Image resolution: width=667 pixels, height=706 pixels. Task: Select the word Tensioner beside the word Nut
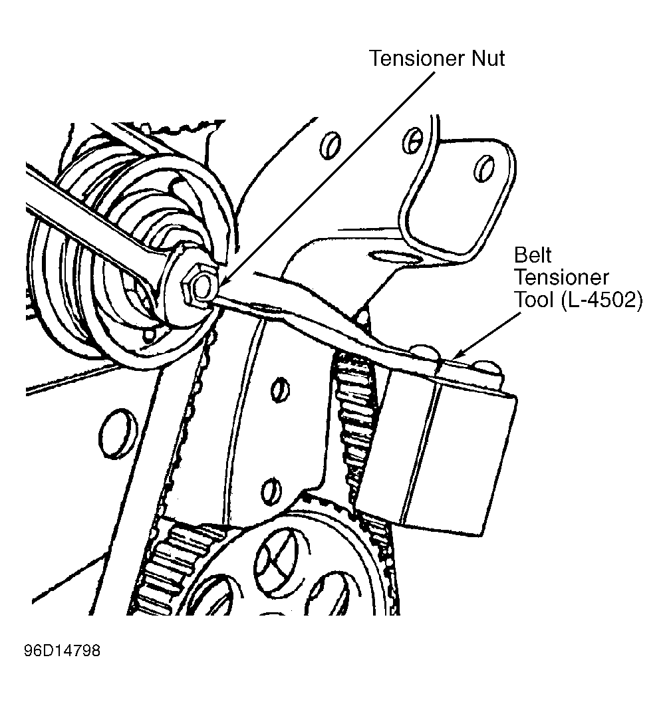click(416, 59)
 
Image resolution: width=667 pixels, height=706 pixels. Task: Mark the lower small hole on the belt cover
click(269, 489)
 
